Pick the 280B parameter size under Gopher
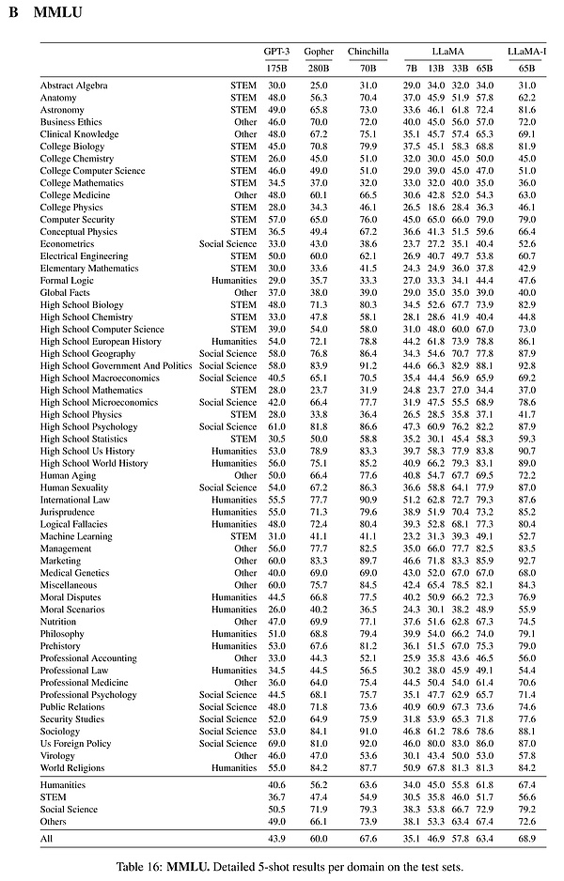[319, 69]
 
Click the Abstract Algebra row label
[76, 85]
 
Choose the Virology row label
[57, 756]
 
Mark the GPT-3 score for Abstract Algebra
[275, 85]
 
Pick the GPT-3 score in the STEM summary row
[275, 796]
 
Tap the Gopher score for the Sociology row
[319, 732]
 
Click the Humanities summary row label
[64, 785]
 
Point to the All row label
[47, 836]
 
